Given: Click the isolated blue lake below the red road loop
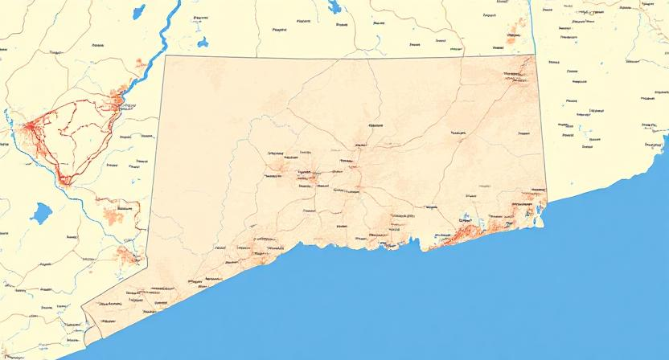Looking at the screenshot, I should coord(40,213).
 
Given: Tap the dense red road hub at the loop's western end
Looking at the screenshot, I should coord(31,126).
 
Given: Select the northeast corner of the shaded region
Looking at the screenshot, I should coord(535,55).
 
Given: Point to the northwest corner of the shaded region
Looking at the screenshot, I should coord(164,55).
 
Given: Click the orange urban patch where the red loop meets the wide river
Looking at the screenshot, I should coord(118,100).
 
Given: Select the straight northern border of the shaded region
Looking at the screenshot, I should coord(346,56).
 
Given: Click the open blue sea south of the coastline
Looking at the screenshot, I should coord(482,305).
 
